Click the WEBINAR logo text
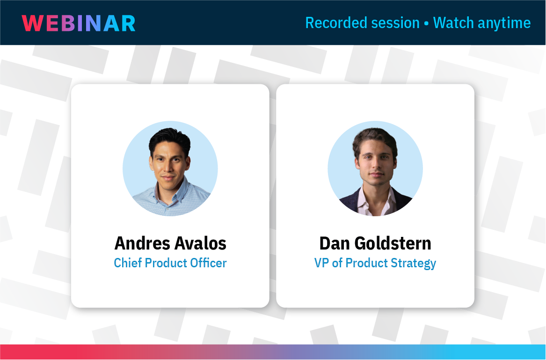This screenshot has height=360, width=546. click(x=79, y=23)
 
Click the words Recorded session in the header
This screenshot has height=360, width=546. click(x=362, y=22)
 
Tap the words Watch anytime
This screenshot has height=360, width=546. click(x=482, y=22)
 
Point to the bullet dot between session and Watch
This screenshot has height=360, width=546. click(x=426, y=23)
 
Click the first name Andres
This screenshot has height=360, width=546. click(x=142, y=243)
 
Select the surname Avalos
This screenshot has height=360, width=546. click(x=201, y=243)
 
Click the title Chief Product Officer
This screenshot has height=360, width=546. click(x=170, y=263)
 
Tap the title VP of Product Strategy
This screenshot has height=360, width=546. click(x=375, y=263)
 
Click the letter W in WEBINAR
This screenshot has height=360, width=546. click(x=31, y=23)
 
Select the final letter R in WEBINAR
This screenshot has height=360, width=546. click(x=127, y=23)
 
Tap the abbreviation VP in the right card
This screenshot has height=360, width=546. click(x=321, y=263)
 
